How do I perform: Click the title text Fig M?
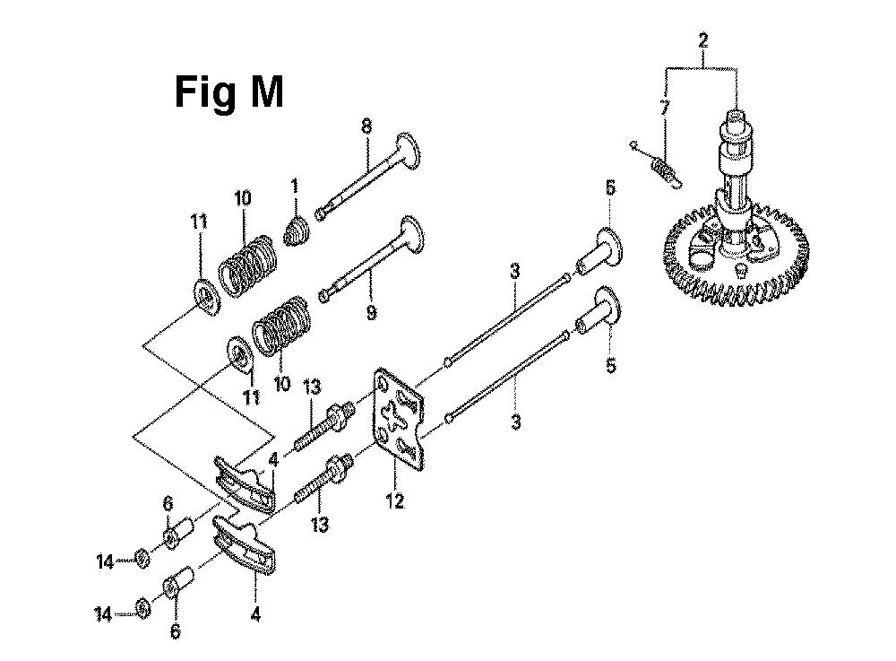[x=228, y=91]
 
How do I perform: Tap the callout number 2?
[x=702, y=40]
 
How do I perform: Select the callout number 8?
[x=366, y=126]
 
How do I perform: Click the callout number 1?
[x=295, y=186]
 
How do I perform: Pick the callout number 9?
[x=372, y=312]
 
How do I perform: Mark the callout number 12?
[x=395, y=501]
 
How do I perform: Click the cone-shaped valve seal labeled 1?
[x=297, y=232]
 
